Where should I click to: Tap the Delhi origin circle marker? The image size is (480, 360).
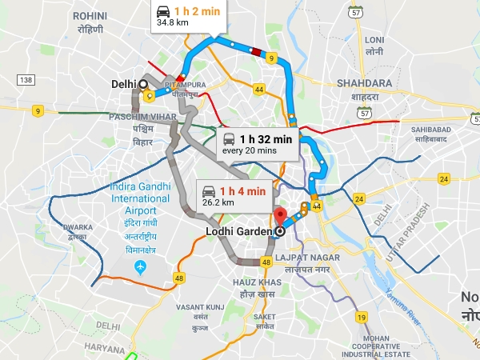click(x=143, y=83)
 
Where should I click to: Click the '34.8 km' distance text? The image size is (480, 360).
click(x=173, y=24)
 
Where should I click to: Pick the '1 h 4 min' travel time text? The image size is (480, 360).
click(x=242, y=190)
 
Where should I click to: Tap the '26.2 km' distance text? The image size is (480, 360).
click(x=218, y=202)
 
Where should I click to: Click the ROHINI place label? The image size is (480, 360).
click(x=90, y=15)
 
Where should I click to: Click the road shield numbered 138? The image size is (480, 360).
click(x=26, y=80)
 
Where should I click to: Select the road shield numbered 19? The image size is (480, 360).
click(x=362, y=318)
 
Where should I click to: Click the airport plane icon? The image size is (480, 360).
click(x=141, y=266)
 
